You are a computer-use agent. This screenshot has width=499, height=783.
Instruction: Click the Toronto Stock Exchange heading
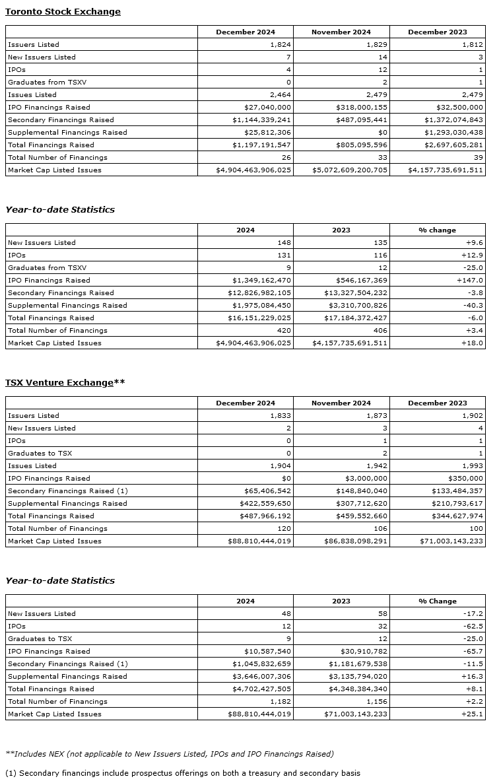coord(63,11)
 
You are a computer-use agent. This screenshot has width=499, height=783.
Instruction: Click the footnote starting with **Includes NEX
coord(169,753)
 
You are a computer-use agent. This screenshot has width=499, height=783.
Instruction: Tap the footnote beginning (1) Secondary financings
coord(182,772)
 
